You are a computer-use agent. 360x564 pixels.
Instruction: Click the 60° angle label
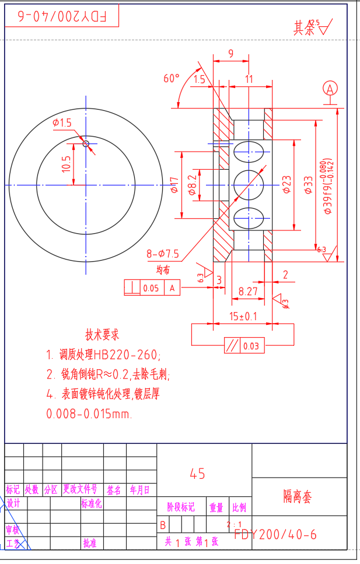point(171,78)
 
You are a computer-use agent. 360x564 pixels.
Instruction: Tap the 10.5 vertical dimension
point(66,164)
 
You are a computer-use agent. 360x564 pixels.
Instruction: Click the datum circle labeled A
point(330,89)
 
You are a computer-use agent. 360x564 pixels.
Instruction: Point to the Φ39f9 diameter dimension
point(328,187)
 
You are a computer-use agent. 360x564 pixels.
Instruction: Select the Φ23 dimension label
point(286,184)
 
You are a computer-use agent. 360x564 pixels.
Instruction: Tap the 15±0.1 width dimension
point(243,316)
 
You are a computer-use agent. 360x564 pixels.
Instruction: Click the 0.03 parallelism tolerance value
point(251,346)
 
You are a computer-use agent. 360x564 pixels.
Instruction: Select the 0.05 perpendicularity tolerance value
point(151,288)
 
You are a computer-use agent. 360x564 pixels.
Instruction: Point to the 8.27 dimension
point(248,290)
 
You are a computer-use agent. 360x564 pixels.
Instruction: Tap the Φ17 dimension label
point(173,185)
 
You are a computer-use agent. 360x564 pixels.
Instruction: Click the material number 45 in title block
point(197,474)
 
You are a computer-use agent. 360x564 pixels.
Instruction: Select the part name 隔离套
point(298,496)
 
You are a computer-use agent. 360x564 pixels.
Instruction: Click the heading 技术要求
point(103,335)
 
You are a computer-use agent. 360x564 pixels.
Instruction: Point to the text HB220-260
point(125,354)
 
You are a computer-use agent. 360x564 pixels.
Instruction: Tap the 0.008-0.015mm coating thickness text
point(89,414)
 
